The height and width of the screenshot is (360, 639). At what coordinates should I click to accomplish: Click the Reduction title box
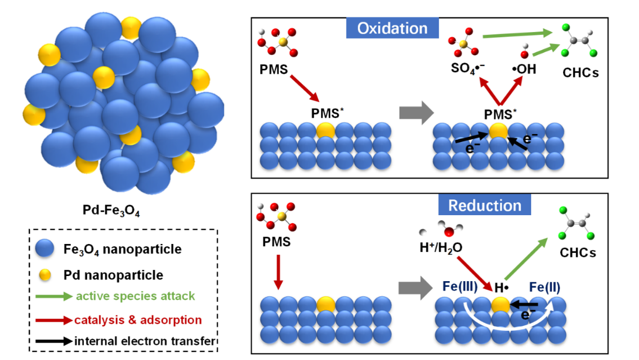485,205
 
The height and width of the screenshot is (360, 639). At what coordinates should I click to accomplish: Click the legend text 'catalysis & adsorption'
138,320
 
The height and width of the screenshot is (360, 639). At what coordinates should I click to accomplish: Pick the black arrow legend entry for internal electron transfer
53,340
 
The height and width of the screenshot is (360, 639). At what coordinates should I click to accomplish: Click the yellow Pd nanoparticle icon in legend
45,275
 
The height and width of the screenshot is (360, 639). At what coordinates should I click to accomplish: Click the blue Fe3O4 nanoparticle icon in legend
44,248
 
